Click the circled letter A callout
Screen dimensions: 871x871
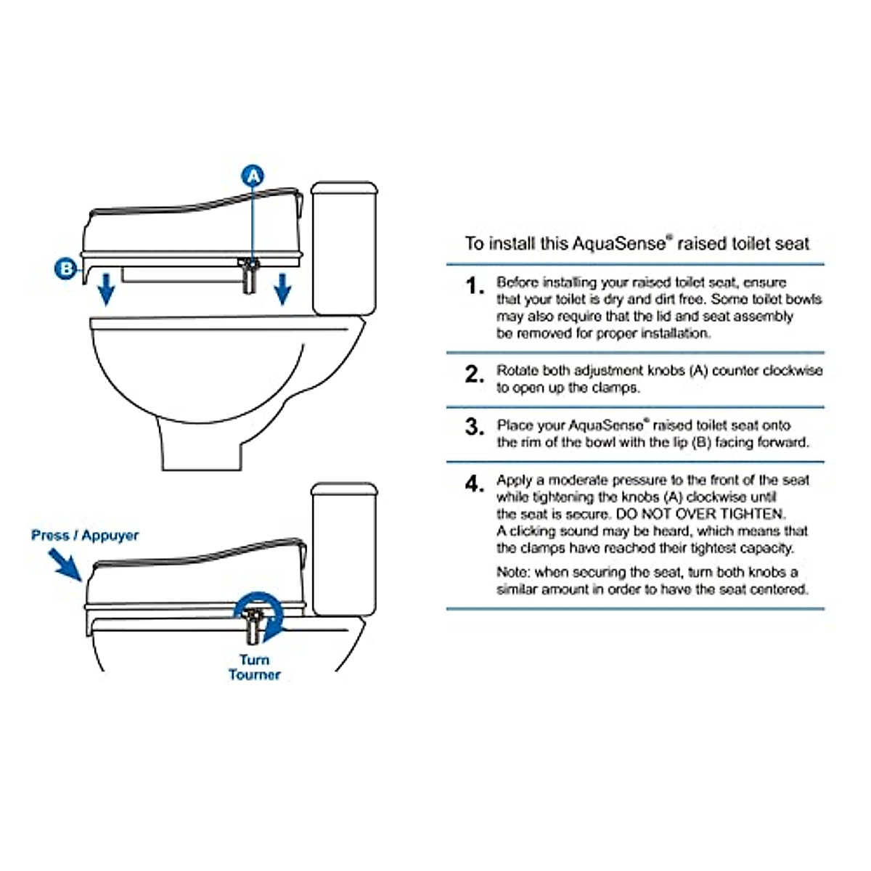[253, 176]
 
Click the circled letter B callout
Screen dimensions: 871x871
[66, 269]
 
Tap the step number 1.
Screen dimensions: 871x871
[474, 286]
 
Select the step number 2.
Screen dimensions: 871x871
[474, 374]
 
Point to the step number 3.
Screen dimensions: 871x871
[474, 427]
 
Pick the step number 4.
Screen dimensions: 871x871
[474, 484]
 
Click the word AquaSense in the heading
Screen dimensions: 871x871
[619, 244]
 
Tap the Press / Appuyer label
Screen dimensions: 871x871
[85, 536]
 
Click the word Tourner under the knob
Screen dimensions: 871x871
[255, 675]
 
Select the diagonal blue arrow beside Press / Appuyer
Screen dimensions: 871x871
[65, 564]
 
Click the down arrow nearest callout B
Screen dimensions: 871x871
[106, 289]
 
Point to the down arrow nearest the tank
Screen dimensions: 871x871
[282, 289]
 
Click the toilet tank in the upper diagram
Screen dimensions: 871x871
[345, 249]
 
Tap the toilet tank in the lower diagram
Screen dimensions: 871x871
[345, 549]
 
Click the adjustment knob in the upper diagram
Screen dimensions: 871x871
[249, 275]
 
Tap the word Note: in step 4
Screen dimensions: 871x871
[513, 572]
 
